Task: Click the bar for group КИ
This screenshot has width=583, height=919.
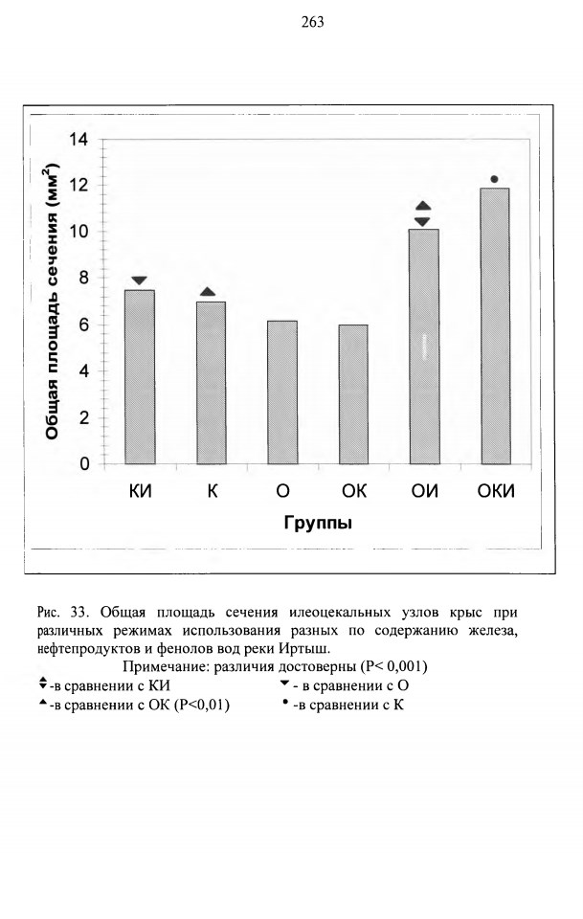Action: click(140, 377)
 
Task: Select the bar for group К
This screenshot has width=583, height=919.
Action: click(211, 383)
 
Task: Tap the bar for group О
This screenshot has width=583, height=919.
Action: click(282, 392)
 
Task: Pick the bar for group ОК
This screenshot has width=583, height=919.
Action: click(353, 394)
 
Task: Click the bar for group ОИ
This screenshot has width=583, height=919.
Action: click(424, 347)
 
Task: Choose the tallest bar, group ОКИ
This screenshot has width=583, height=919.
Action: click(495, 325)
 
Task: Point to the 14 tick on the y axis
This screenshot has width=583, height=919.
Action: click(78, 140)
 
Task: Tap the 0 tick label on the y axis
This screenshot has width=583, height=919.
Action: click(84, 464)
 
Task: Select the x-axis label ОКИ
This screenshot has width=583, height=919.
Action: click(496, 491)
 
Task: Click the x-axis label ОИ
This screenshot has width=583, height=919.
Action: click(424, 491)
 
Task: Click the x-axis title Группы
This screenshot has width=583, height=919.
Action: click(318, 523)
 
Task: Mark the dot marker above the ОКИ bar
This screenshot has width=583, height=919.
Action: click(494, 179)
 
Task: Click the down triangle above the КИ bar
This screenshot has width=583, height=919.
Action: click(140, 280)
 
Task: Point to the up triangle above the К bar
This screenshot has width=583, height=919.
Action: click(208, 292)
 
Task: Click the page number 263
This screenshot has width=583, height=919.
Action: click(312, 22)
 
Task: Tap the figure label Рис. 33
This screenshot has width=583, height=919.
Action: click(62, 613)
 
